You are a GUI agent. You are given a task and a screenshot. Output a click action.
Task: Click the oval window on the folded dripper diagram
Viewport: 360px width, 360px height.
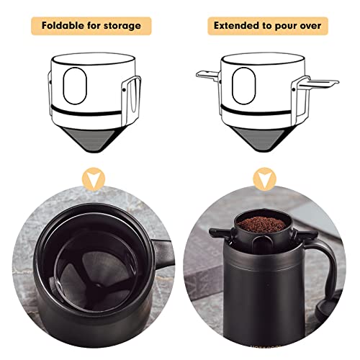click(x=74, y=86)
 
